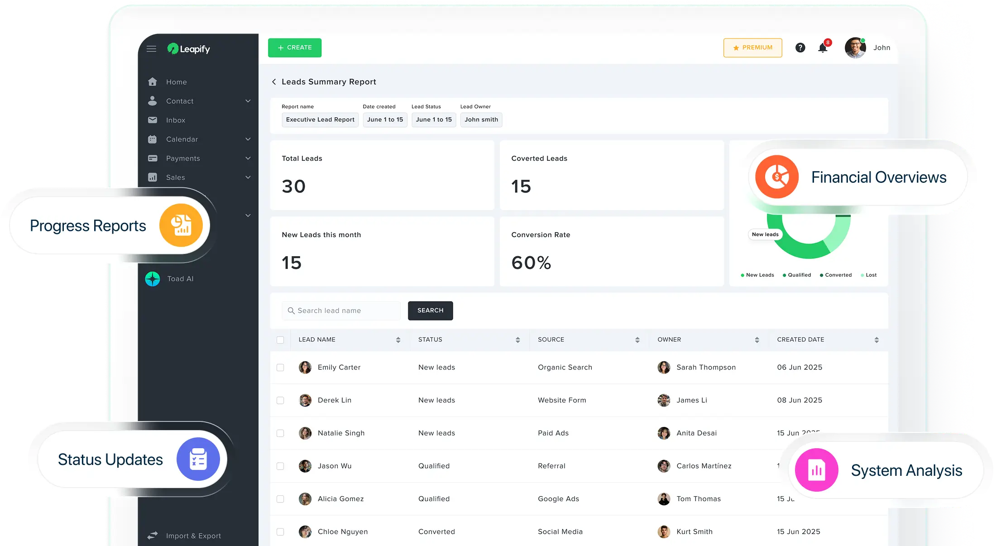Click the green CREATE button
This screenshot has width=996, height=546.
click(x=295, y=48)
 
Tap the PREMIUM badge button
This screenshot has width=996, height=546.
click(x=752, y=48)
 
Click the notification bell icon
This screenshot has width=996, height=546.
click(x=823, y=48)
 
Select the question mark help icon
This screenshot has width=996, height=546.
click(x=800, y=48)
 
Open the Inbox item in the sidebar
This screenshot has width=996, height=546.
click(x=176, y=120)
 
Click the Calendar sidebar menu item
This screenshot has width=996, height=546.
click(x=182, y=139)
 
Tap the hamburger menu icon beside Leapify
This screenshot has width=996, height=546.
click(x=152, y=49)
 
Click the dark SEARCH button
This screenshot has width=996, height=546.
click(x=430, y=311)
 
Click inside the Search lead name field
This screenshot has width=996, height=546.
click(x=344, y=311)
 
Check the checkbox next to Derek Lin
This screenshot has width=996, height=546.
click(x=280, y=400)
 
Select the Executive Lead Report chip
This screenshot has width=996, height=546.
click(x=320, y=120)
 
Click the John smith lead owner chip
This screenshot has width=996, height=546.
click(x=481, y=120)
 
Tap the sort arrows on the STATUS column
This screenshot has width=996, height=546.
click(x=517, y=340)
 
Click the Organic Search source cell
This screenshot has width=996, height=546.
click(x=565, y=367)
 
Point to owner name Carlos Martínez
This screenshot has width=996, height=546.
click(x=704, y=466)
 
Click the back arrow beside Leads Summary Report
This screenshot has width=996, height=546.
click(x=274, y=81)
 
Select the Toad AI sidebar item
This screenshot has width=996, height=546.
click(x=180, y=279)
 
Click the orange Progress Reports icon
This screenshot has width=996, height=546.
click(x=181, y=225)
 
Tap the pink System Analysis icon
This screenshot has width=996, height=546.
click(x=816, y=470)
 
